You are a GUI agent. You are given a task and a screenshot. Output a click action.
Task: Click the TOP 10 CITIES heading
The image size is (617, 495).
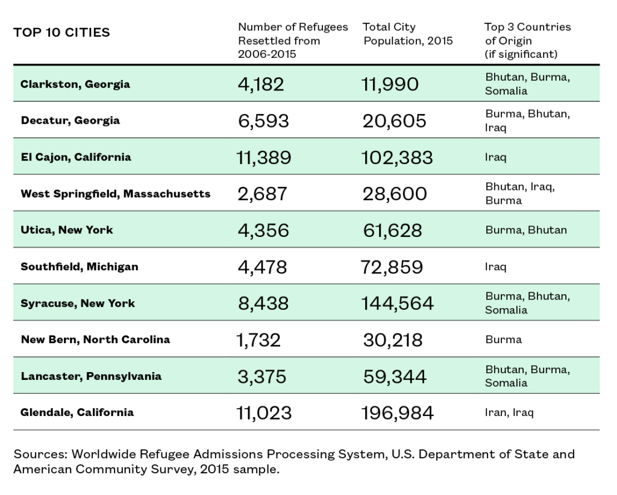(62, 33)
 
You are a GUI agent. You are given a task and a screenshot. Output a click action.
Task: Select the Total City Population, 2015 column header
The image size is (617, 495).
(408, 34)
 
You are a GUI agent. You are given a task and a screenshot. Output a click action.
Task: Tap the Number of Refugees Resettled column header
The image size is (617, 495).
(293, 40)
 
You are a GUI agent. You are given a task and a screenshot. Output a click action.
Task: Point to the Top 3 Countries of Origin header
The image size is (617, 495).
(528, 40)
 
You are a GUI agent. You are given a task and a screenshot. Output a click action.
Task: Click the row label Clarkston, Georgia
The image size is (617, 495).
(75, 84)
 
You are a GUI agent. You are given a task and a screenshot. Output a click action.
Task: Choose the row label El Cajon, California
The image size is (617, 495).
(76, 157)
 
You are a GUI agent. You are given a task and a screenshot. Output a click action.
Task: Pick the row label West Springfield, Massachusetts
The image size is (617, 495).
(116, 194)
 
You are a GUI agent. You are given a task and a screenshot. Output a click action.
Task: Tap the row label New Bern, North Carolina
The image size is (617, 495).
(96, 339)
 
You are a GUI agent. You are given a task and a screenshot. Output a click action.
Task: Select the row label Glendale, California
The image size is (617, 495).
(77, 412)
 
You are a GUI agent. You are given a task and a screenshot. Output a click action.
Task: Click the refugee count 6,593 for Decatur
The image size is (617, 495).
(264, 121)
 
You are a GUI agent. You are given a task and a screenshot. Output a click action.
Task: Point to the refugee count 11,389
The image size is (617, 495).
(264, 157)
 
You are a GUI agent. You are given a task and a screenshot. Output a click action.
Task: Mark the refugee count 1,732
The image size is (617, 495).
(258, 340)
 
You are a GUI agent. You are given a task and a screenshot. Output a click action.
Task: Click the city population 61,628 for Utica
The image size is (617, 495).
(392, 230)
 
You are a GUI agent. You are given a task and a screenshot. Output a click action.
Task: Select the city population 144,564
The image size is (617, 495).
(398, 303)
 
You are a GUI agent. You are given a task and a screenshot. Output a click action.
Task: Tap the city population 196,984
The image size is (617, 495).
(398, 413)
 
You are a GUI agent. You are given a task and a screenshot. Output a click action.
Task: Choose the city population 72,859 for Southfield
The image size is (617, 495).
(392, 267)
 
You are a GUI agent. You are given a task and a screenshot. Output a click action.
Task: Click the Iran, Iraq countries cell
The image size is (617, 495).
(509, 412)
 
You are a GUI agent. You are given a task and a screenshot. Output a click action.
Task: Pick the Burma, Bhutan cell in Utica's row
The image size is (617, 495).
(526, 230)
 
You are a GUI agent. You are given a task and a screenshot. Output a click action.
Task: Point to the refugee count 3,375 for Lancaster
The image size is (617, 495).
(262, 376)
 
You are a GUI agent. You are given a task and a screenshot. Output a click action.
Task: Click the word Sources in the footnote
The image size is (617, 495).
(40, 454)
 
